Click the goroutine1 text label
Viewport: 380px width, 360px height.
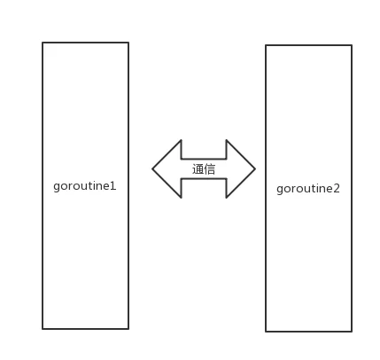click(x=85, y=186)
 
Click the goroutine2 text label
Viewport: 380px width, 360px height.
click(x=308, y=189)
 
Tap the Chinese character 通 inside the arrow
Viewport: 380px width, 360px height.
click(x=198, y=169)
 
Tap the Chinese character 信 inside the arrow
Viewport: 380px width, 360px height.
click(x=209, y=169)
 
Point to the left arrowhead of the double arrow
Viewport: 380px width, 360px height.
click(x=167, y=168)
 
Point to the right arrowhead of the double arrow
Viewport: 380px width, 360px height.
click(x=241, y=168)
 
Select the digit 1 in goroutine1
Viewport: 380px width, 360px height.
click(x=112, y=186)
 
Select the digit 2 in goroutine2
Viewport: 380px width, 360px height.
click(x=337, y=188)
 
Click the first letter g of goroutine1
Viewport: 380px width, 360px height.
click(x=57, y=187)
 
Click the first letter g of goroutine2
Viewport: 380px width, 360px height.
click(x=280, y=190)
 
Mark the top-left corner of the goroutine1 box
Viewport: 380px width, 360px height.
click(x=43, y=43)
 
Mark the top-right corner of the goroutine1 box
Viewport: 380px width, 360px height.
click(x=128, y=43)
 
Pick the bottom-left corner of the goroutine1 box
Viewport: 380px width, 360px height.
click(x=43, y=329)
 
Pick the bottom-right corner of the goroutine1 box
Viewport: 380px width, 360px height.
click(x=128, y=329)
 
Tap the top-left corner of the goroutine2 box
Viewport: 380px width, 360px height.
click(x=266, y=45)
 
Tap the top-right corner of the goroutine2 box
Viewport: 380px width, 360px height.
click(x=352, y=45)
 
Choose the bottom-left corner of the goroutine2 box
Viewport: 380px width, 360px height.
click(x=266, y=332)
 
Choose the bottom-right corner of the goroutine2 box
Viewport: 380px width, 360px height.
click(x=352, y=332)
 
